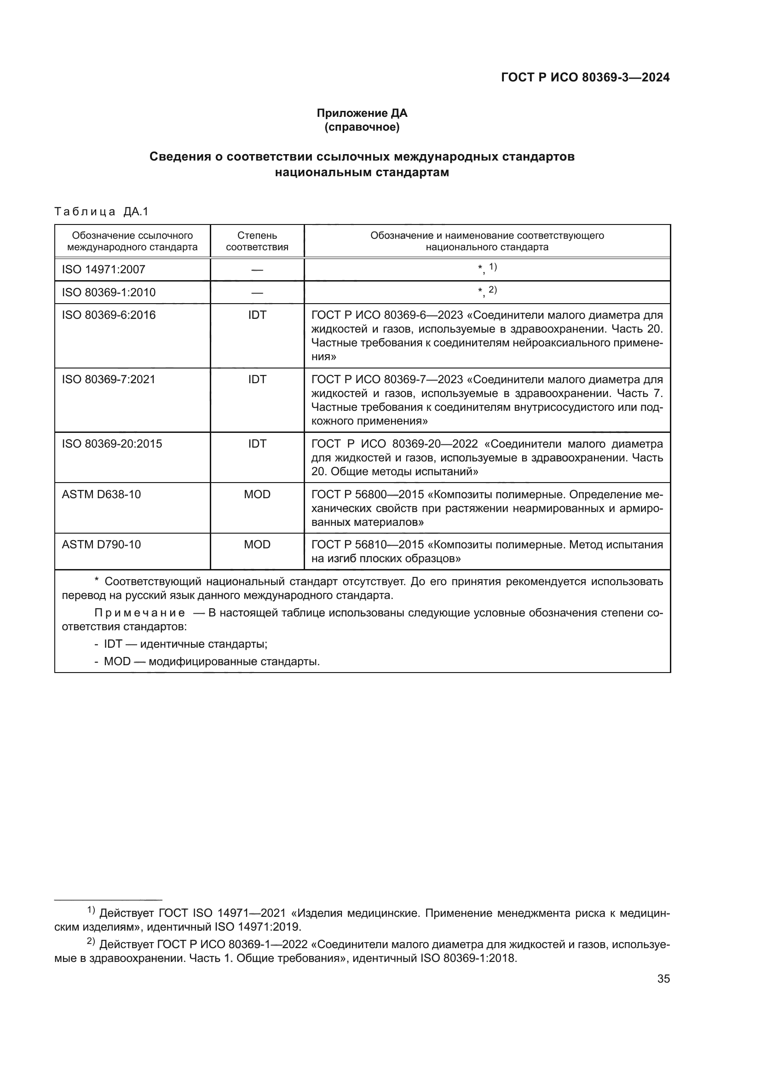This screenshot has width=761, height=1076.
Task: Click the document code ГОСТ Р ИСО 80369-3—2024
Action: [585, 77]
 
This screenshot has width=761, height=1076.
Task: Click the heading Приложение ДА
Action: [362, 113]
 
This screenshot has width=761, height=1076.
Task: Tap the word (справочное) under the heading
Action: [362, 127]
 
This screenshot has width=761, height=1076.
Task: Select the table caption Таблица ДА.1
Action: [101, 212]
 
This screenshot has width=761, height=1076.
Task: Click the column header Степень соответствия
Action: [257, 241]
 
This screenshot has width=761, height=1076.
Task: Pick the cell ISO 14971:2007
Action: [104, 270]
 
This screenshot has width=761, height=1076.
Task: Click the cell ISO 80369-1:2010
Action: [109, 293]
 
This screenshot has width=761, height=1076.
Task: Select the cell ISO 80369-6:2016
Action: [109, 315]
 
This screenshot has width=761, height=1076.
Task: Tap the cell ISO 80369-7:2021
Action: [109, 379]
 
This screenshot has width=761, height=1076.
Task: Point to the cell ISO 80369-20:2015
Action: [112, 443]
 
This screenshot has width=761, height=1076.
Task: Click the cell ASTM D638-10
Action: [101, 495]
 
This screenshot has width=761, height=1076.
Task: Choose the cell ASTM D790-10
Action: [101, 545]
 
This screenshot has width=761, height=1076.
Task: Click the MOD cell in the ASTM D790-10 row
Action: [257, 545]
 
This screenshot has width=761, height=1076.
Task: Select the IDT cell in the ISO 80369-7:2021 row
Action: [257, 379]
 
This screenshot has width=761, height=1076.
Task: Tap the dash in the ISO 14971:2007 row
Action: [257, 270]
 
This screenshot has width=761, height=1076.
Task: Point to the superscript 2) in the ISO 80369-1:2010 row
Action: [492, 290]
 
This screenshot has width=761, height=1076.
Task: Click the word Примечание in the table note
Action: [140, 613]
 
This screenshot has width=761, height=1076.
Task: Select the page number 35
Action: [663, 978]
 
